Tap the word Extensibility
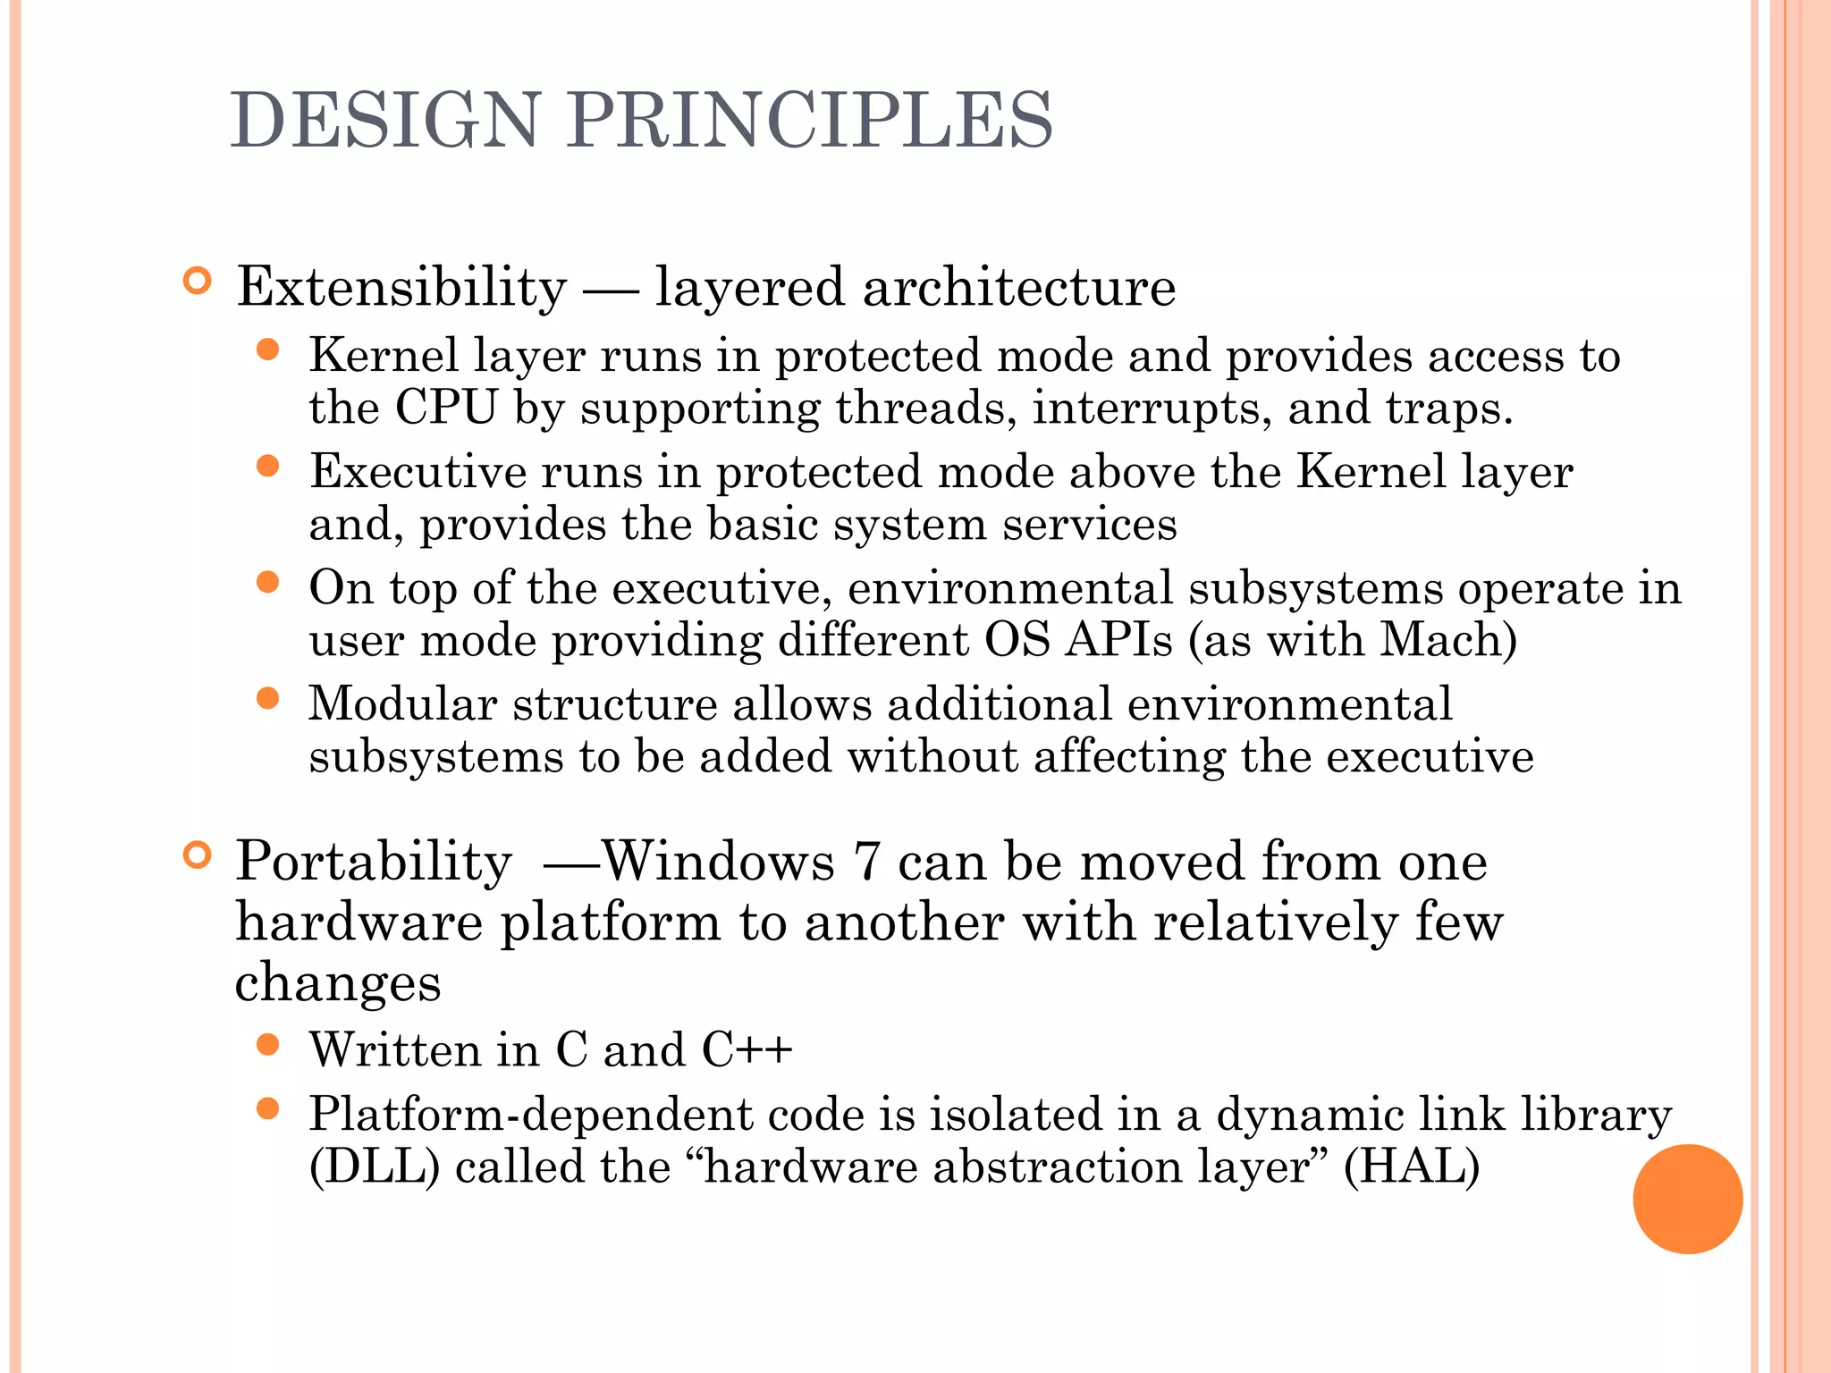click(x=401, y=288)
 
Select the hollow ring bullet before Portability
click(x=197, y=855)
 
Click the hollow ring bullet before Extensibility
click(x=197, y=282)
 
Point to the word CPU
click(x=445, y=408)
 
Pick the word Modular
click(x=402, y=703)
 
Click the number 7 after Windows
click(x=866, y=862)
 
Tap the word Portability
click(x=374, y=862)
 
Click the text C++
click(x=747, y=1049)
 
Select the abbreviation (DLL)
click(x=375, y=1167)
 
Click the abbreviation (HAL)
click(x=1412, y=1167)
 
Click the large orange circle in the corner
click(x=1687, y=1199)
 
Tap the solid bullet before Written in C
click(x=267, y=1045)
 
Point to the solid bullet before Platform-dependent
click(x=267, y=1109)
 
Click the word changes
click(x=338, y=983)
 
